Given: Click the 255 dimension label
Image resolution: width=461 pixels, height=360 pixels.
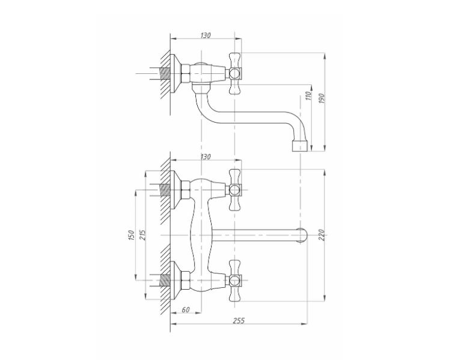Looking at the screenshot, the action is [239, 320].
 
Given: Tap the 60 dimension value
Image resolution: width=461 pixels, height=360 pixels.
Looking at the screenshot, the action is [186, 310].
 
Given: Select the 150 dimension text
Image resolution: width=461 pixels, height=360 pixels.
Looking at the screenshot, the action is [131, 236].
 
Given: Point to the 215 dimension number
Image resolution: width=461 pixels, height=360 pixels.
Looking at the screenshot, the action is [142, 235].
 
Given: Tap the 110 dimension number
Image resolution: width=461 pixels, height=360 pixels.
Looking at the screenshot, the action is [308, 96].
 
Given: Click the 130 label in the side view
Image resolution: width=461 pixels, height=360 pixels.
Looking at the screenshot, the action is [206, 35].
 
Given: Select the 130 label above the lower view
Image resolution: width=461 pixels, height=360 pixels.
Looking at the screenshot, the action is [206, 157].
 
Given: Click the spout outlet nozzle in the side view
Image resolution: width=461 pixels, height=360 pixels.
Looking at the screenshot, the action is [300, 146].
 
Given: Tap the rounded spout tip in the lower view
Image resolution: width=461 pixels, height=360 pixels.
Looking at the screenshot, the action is [303, 235].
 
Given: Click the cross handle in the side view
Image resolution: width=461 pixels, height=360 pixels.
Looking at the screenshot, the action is [235, 73].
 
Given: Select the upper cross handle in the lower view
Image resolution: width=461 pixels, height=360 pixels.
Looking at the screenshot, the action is [235, 190].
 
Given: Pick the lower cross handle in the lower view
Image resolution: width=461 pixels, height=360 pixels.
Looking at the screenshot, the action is [235, 280].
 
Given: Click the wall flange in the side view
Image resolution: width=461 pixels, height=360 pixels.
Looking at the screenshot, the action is [176, 73].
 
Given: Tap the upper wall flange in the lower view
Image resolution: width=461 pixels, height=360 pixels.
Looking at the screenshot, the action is [176, 190].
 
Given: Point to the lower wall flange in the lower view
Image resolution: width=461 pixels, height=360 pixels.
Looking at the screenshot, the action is [176, 280].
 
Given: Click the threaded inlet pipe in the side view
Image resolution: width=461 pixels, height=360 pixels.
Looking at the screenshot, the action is [160, 73].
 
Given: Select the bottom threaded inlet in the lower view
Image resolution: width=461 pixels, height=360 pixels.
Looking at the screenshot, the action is [160, 280].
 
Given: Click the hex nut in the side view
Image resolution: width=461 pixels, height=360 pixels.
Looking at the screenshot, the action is [186, 73].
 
